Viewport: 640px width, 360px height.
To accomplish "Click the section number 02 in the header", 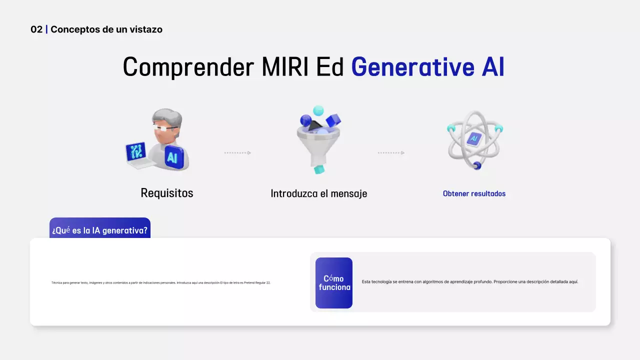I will pyautogui.click(x=36, y=29).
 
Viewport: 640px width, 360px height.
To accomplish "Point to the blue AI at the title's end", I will pyautogui.click(x=492, y=67).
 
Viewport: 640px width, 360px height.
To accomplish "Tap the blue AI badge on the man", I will pyautogui.click(x=173, y=158).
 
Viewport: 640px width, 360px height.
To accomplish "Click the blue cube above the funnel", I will pyautogui.click(x=333, y=120).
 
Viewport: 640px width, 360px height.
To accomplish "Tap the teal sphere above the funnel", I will pyautogui.click(x=318, y=110).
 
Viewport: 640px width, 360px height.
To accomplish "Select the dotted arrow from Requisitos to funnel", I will pyautogui.click(x=237, y=153).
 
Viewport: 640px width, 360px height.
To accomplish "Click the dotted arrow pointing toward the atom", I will pyautogui.click(x=391, y=153).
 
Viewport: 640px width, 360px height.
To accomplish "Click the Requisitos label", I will pyautogui.click(x=167, y=193).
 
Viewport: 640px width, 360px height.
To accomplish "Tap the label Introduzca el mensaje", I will pyautogui.click(x=318, y=193).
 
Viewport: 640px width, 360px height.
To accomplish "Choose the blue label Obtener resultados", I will pyautogui.click(x=474, y=193).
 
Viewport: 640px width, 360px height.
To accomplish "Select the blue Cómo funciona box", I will pyautogui.click(x=334, y=283).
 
